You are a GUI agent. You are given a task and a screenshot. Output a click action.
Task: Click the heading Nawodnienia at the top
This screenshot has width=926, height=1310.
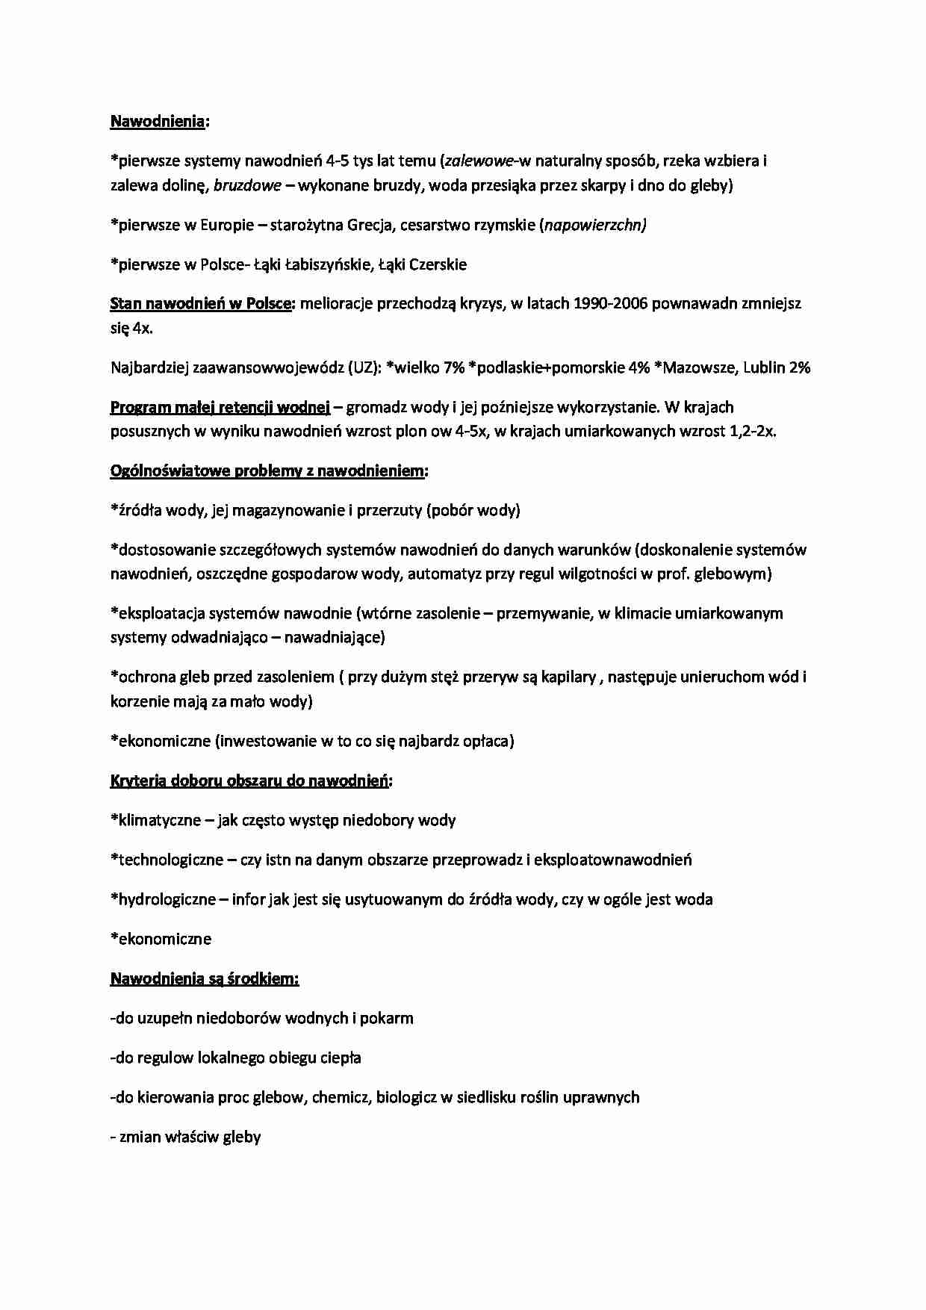point(158,121)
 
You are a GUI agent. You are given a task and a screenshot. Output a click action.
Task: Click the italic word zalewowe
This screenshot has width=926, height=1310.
point(476,161)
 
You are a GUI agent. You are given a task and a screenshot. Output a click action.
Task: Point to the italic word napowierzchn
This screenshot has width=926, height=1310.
point(593,225)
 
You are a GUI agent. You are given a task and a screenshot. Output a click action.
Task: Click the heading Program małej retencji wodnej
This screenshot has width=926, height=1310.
point(220,407)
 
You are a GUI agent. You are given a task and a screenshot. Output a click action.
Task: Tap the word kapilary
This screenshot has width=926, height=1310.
point(569,677)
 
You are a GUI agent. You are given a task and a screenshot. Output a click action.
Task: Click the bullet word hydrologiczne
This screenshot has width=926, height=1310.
point(167,899)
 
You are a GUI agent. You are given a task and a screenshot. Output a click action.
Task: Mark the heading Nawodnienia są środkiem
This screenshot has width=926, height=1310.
point(204,978)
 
